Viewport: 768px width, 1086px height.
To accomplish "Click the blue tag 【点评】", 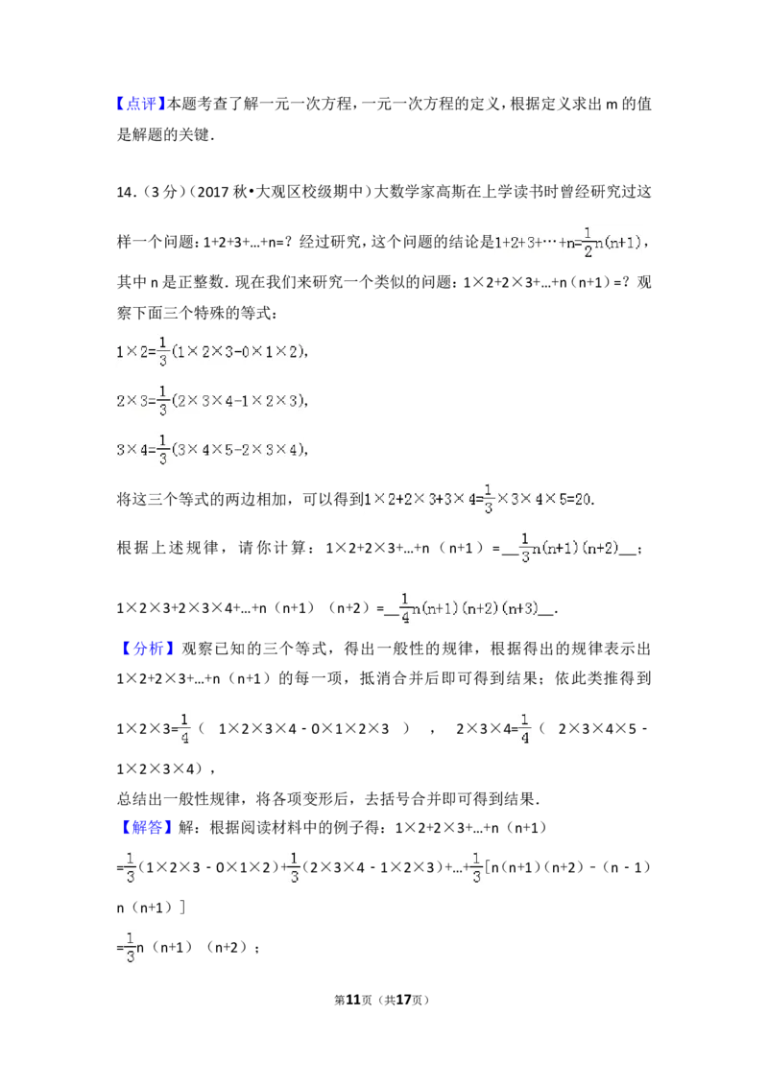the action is (141, 105).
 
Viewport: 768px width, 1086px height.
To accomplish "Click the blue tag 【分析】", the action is (145, 649).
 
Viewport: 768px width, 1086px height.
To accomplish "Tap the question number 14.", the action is (126, 192).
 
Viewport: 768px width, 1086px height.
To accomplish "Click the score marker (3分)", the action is (163, 192).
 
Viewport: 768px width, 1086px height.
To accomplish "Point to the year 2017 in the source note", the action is (213, 192).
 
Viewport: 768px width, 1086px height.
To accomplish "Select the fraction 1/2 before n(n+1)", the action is (588, 242).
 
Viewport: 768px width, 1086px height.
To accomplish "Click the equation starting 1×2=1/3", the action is (212, 352).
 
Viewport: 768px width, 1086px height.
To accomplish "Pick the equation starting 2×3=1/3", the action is (212, 401).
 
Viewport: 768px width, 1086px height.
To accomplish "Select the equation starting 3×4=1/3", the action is (212, 450).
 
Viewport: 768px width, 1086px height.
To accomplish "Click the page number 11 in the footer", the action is (353, 1000).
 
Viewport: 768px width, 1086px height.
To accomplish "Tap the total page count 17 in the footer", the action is (404, 1000).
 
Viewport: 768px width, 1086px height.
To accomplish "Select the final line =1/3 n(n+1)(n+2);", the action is (188, 948).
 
